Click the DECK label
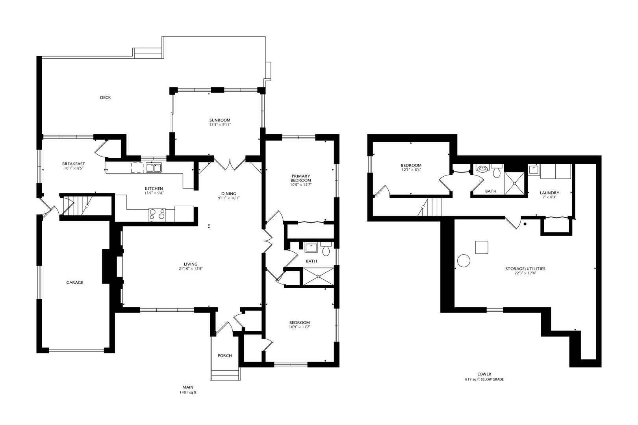click(x=106, y=98)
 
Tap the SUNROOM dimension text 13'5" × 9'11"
click(x=220, y=125)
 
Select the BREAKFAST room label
click(x=74, y=164)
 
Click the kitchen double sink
click(x=154, y=167)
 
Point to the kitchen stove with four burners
click(x=157, y=214)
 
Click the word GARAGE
click(x=75, y=283)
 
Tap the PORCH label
click(x=225, y=356)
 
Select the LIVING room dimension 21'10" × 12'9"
click(x=191, y=268)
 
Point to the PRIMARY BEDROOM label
click(x=301, y=178)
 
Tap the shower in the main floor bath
click(x=318, y=276)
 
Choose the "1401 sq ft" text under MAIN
click(x=188, y=393)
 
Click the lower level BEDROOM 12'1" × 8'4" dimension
click(x=411, y=170)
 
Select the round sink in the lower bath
click(x=482, y=169)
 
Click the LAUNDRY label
click(x=549, y=193)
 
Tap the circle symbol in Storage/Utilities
click(x=464, y=261)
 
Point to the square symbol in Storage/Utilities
click(x=481, y=247)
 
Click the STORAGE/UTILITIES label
click(x=525, y=269)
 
